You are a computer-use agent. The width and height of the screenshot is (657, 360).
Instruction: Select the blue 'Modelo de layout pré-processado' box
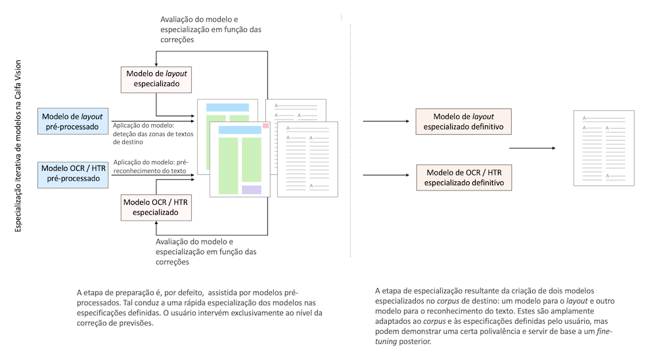click(72, 122)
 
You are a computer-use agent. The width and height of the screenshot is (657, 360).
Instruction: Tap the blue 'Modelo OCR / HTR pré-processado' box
click(72, 173)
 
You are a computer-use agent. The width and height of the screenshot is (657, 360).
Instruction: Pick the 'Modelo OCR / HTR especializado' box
click(155, 207)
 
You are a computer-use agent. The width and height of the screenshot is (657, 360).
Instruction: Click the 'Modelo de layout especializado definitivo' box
click(464, 122)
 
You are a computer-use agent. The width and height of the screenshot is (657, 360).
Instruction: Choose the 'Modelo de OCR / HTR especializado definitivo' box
click(464, 177)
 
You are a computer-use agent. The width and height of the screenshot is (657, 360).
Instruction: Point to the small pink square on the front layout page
click(266, 125)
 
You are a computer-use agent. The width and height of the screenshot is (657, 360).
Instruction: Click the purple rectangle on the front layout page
click(251, 189)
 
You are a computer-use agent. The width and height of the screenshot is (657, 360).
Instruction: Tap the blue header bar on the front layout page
click(240, 130)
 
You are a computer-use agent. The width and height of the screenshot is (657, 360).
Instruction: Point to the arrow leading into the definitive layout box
click(386, 122)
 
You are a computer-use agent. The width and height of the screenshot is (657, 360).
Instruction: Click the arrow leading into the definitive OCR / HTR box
click(386, 175)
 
